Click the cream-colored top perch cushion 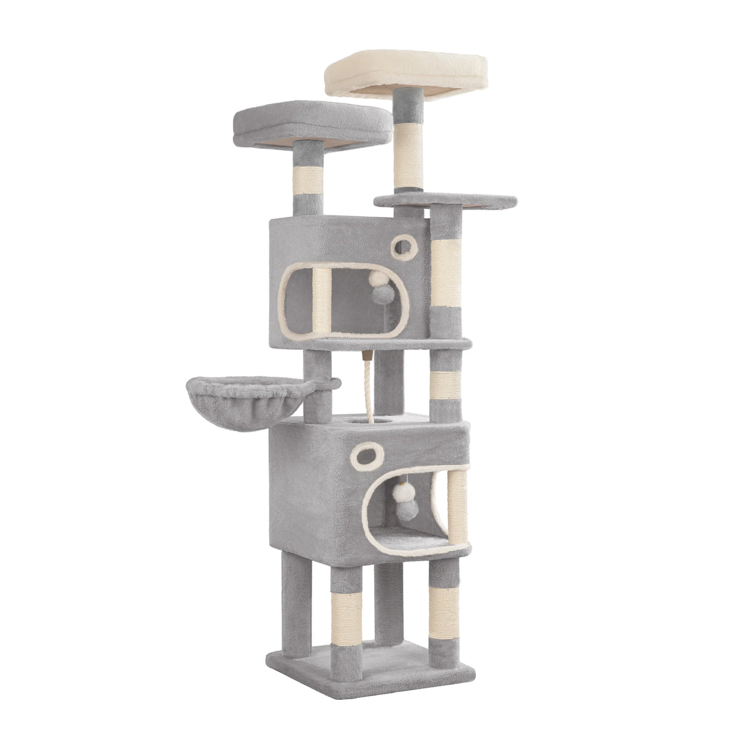tap(406, 74)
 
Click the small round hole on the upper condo tap(403, 246)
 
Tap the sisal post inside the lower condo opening tap(456, 504)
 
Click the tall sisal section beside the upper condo tap(446, 270)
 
